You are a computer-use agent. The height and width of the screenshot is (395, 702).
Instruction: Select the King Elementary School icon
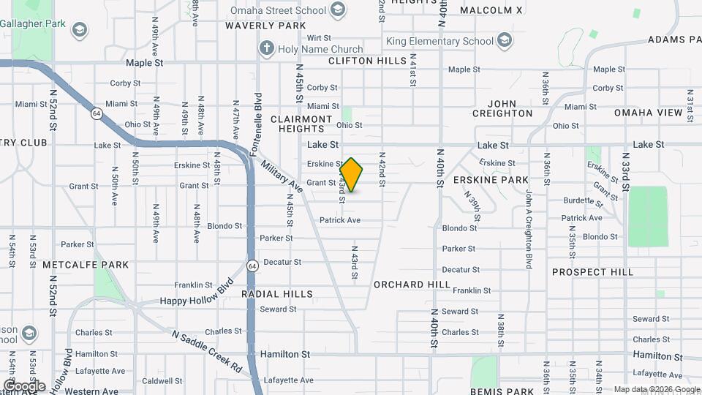[x=505, y=39]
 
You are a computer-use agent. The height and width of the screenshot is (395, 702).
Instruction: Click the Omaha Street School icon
[x=338, y=10]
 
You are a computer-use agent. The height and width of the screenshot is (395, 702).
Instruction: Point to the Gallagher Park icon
[x=80, y=30]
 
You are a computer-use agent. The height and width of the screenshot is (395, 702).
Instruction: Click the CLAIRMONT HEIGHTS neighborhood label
[x=301, y=124]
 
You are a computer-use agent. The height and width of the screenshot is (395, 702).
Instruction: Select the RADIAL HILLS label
[x=277, y=294]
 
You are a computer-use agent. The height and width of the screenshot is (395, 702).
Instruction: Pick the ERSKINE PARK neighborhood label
[x=491, y=179]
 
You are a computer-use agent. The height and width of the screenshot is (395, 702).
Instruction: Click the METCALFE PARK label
[x=85, y=265]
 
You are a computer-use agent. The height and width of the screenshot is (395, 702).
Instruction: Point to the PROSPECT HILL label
[x=592, y=272]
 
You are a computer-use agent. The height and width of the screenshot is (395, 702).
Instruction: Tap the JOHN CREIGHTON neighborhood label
[x=502, y=108]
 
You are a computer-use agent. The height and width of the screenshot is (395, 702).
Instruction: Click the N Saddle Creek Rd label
[x=207, y=349]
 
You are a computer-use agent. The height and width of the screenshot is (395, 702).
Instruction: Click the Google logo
[x=25, y=385]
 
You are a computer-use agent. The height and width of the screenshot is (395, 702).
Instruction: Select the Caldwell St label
[x=157, y=381]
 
